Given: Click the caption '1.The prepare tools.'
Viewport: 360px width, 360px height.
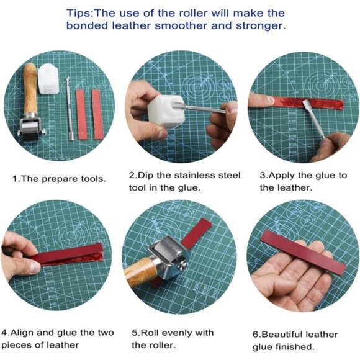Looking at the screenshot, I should (x=59, y=178).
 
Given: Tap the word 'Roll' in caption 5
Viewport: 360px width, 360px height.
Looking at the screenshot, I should (x=149, y=333).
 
